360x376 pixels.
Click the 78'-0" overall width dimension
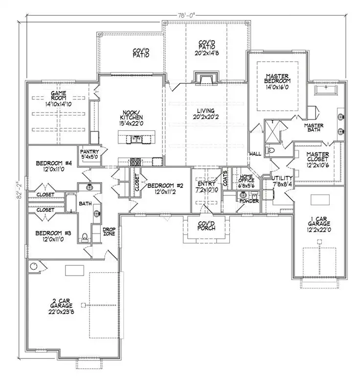tap(187, 15)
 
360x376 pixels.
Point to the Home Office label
tap(246, 182)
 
